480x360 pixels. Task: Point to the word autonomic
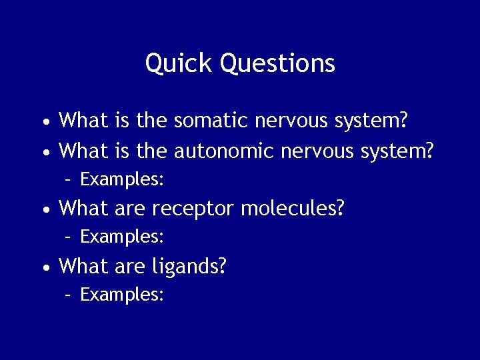[224, 151]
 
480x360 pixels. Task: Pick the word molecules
[293, 209]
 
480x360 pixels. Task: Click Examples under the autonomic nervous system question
[122, 179]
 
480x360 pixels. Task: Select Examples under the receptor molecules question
[122, 237]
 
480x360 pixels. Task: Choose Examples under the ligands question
[122, 295]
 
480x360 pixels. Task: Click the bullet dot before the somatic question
[44, 123]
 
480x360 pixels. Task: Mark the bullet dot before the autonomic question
[44, 153]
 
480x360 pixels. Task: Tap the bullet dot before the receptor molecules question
[44, 211]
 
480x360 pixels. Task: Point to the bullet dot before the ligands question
[44, 268]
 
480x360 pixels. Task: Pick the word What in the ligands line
[84, 266]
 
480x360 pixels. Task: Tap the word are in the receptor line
[131, 209]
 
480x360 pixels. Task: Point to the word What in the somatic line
[84, 121]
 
